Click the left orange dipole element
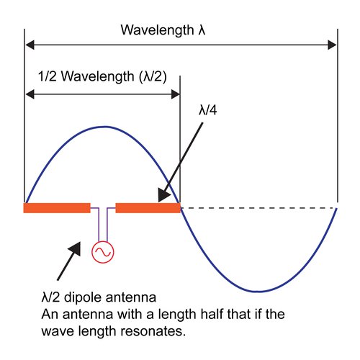(x=57, y=208)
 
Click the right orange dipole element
(x=148, y=208)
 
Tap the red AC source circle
(x=103, y=252)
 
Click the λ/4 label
(x=208, y=110)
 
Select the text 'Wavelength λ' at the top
(x=163, y=30)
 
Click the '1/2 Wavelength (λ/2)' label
(x=102, y=77)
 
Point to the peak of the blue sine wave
(x=104, y=127)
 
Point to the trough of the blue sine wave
(x=258, y=292)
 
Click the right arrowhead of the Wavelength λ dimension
(x=332, y=45)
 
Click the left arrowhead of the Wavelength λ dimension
(x=30, y=45)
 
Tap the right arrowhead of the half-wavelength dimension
(x=176, y=94)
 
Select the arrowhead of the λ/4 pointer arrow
(x=164, y=196)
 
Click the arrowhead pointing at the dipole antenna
(x=75, y=248)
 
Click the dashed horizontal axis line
(x=258, y=208)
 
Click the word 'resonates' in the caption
(x=153, y=331)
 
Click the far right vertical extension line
(x=338, y=116)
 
